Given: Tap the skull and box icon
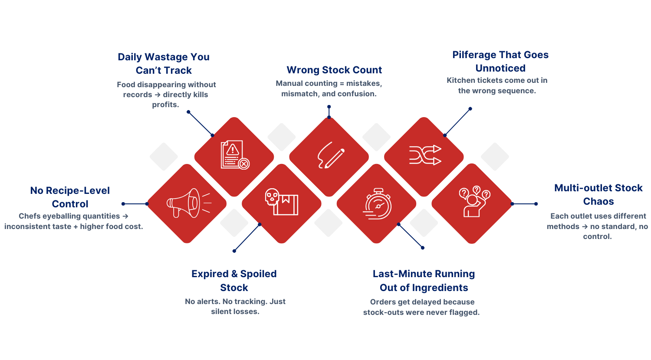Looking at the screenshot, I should point(281,202).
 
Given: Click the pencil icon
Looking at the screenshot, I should point(330,155).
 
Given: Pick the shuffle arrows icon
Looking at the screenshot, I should point(424,155).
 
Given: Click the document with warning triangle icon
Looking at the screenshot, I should point(235,155).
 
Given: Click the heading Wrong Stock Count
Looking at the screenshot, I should point(334,70).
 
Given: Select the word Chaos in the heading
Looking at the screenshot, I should point(598,201).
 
